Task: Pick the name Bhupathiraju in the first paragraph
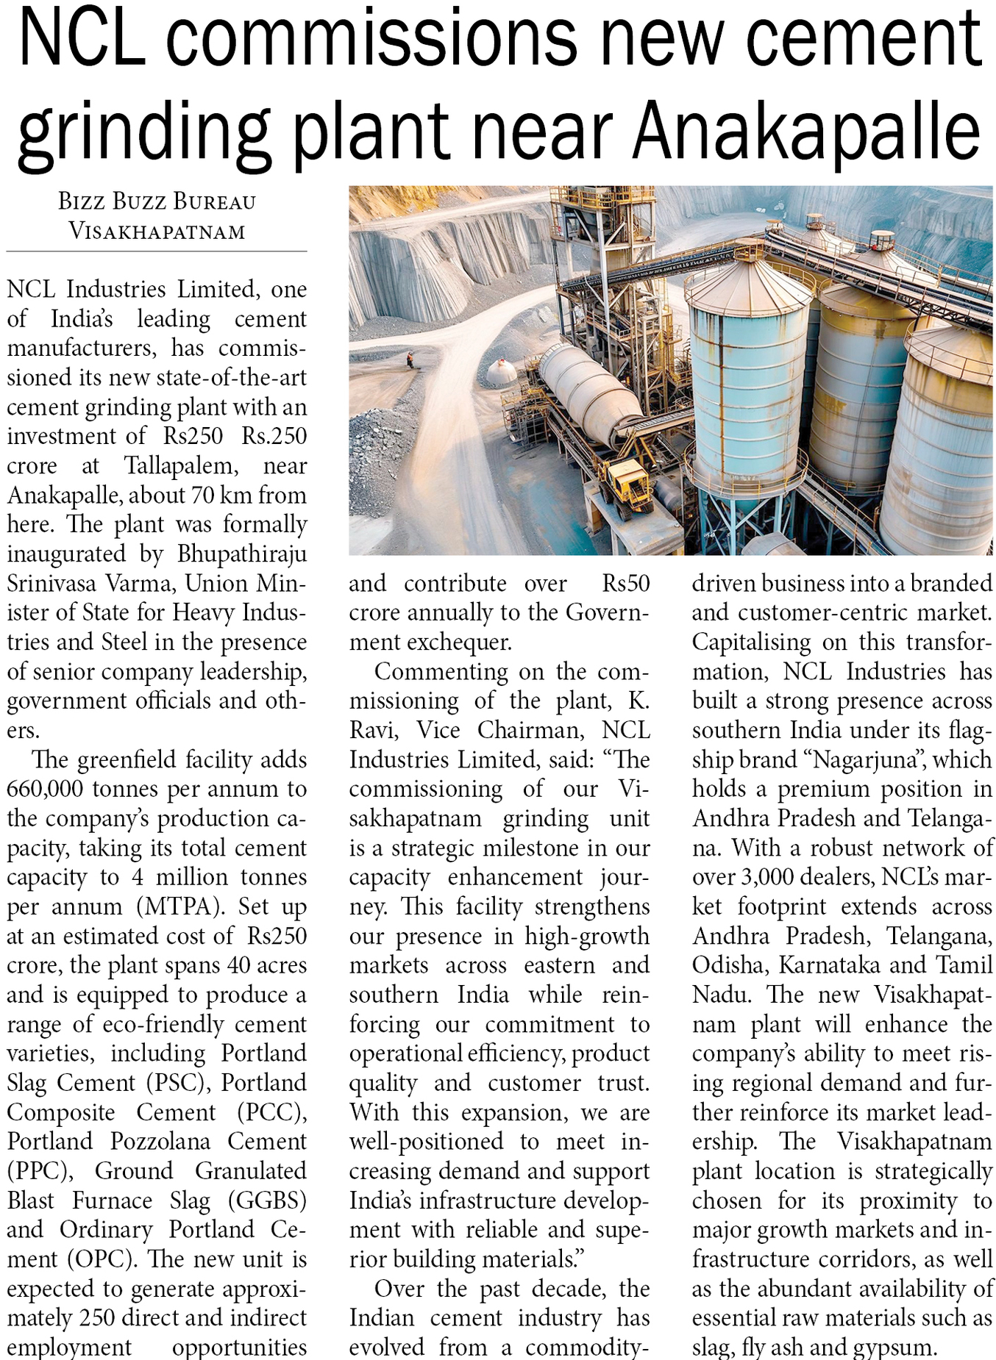242,554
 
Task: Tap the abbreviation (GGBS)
267,1201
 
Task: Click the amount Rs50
626,584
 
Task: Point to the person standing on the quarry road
410,360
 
